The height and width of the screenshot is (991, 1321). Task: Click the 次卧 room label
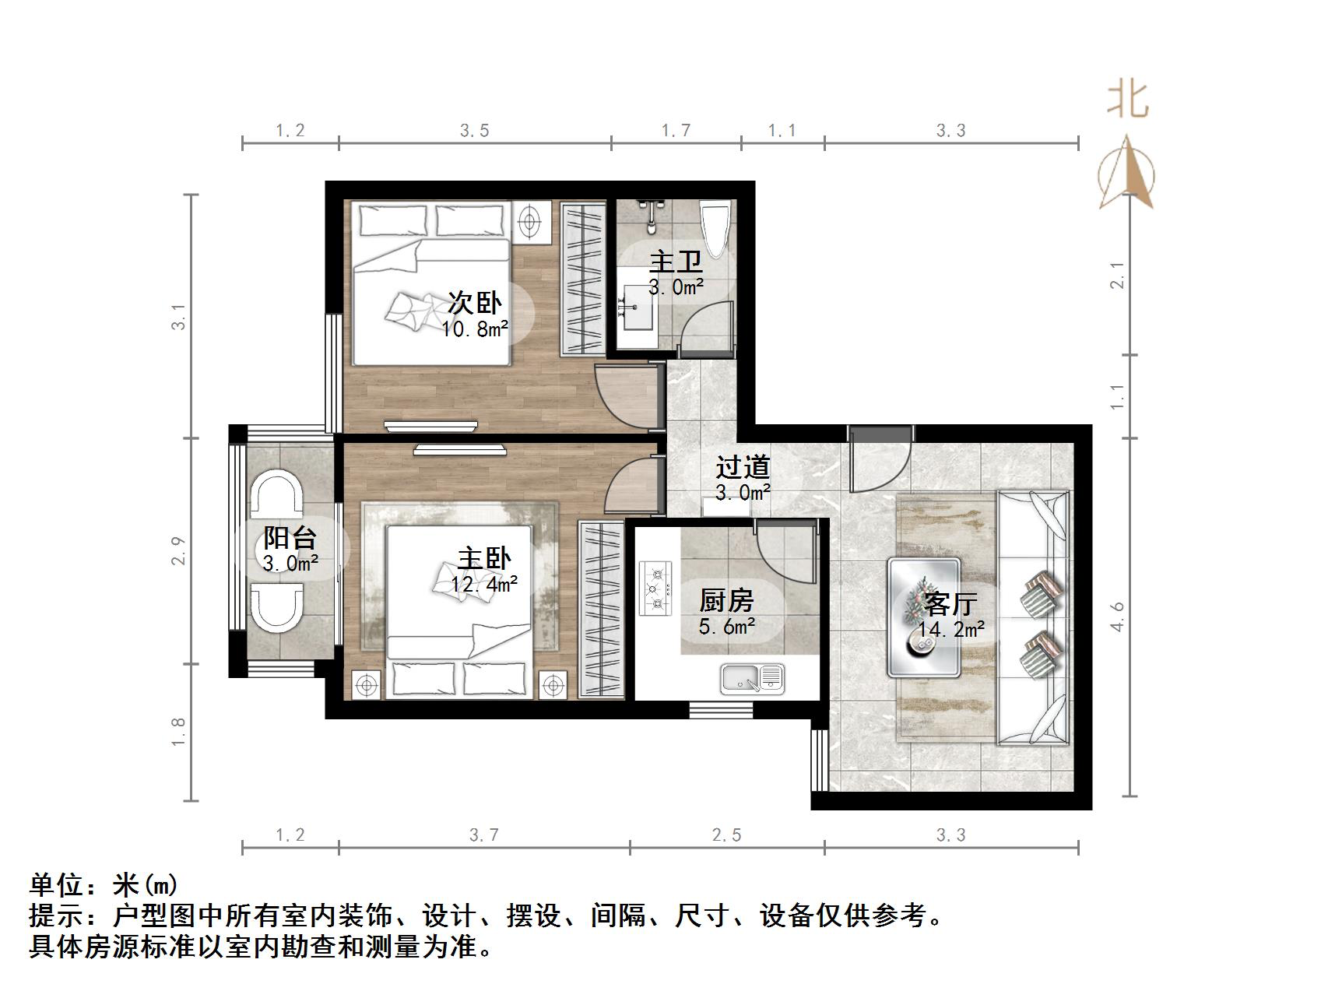[474, 303]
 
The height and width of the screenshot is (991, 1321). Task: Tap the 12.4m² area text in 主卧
[484, 584]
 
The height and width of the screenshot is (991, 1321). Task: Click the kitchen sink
[751, 678]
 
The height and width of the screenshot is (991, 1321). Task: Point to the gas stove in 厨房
[655, 589]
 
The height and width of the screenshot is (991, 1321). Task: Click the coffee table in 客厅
[924, 617]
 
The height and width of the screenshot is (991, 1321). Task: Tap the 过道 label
[743, 467]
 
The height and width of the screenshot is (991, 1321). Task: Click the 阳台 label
[290, 537]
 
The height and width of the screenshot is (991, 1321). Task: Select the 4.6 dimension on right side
[1118, 616]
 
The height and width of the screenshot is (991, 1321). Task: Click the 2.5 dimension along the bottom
[726, 835]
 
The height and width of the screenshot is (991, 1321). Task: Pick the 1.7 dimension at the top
[676, 131]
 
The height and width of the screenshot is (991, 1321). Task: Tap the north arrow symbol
[1126, 174]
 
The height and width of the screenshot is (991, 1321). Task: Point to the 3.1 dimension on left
[179, 318]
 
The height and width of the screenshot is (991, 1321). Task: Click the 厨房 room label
[726, 600]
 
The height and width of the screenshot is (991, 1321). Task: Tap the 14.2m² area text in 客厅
[951, 630]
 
